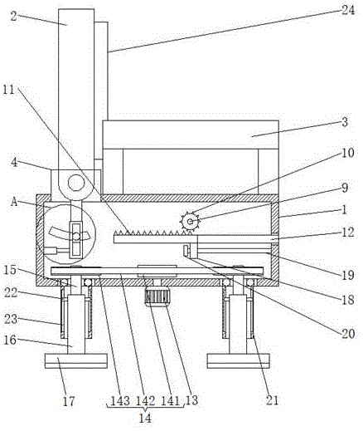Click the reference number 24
click(x=348, y=11)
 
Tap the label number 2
click(x=14, y=17)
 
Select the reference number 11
click(x=8, y=90)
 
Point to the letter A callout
click(x=14, y=202)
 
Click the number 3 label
click(x=345, y=122)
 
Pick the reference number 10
click(x=348, y=153)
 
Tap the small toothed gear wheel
click(x=190, y=221)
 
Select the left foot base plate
click(x=76, y=361)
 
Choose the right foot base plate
click(x=239, y=361)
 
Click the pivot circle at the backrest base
click(x=76, y=184)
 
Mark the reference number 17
click(x=69, y=401)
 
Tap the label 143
click(x=120, y=400)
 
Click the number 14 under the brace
click(x=145, y=418)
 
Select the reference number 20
click(x=348, y=334)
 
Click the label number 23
click(x=11, y=319)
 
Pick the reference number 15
click(x=11, y=270)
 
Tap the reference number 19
click(x=348, y=275)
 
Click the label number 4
click(x=14, y=163)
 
